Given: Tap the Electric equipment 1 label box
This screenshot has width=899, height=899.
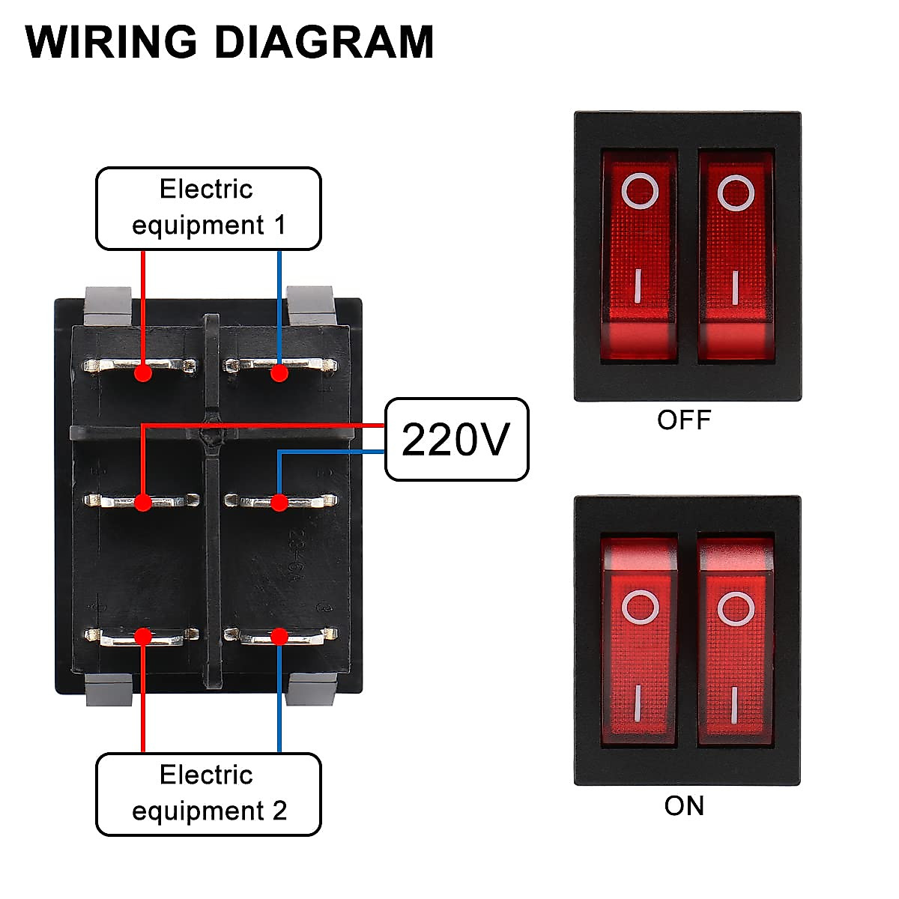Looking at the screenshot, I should pyautogui.click(x=208, y=208).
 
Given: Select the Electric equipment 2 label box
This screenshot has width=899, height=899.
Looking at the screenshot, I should pyautogui.click(x=208, y=794).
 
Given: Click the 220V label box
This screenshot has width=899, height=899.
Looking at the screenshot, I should pyautogui.click(x=456, y=439).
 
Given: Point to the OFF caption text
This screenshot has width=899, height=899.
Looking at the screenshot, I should pyautogui.click(x=683, y=420).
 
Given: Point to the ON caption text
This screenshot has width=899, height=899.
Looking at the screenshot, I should pyautogui.click(x=684, y=806).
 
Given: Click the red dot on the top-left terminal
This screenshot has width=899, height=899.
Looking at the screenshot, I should pyautogui.click(x=143, y=372).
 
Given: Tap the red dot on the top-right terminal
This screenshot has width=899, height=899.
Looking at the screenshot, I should pyautogui.click(x=279, y=372).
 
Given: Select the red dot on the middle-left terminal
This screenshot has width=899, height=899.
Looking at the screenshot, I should pyautogui.click(x=143, y=502).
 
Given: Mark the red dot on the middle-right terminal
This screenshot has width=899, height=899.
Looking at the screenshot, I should pyautogui.click(x=279, y=502).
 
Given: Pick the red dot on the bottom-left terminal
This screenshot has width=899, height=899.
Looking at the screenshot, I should pyautogui.click(x=143, y=637).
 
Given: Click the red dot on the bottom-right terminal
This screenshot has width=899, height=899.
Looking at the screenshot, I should pyautogui.click(x=279, y=637).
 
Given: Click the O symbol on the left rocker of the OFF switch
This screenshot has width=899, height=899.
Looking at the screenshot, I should pyautogui.click(x=641, y=191).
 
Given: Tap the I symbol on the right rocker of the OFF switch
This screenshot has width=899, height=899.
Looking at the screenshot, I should pyautogui.click(x=735, y=287).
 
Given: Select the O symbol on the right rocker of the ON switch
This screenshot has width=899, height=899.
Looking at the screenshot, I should pyautogui.click(x=735, y=608).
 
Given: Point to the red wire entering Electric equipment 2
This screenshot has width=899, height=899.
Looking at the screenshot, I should pyautogui.click(x=143, y=712).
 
